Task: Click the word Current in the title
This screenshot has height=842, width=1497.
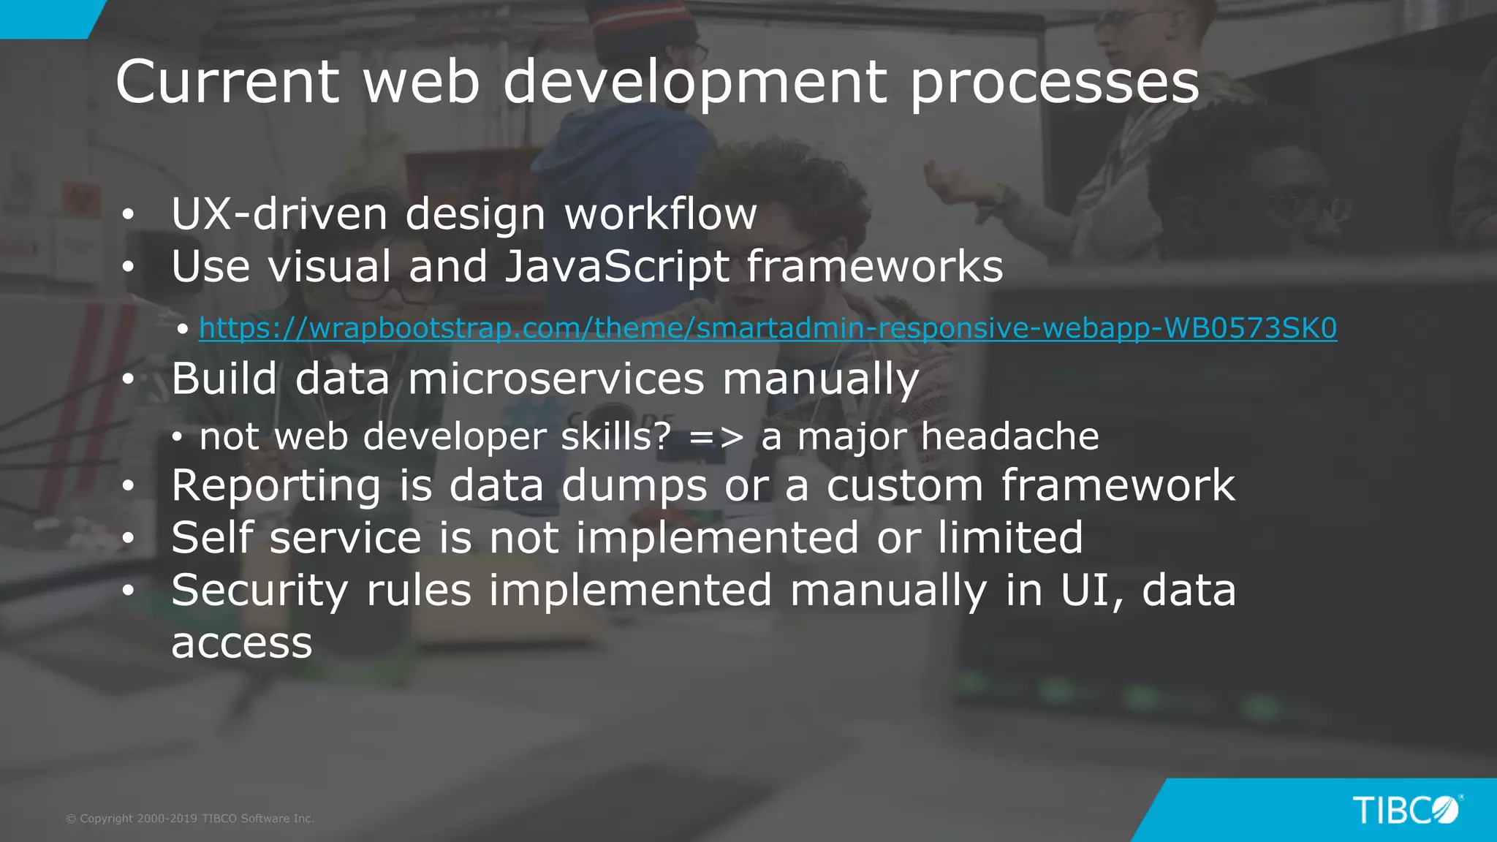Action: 227,81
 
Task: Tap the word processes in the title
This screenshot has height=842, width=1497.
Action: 1054,83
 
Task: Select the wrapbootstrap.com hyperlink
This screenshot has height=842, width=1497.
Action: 768,328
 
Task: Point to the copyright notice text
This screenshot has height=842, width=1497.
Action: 190,819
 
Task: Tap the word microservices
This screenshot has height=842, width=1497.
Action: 556,379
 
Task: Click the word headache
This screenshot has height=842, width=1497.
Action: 1009,436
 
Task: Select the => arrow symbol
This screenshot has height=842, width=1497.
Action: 716,437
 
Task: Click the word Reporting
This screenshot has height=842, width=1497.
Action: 276,486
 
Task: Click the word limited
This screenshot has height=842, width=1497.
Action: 1010,538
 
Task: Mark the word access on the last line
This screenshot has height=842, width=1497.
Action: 242,643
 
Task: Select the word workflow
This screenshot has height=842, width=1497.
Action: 661,214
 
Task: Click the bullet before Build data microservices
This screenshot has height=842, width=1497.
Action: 129,379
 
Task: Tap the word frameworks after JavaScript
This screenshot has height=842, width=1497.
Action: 875,266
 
